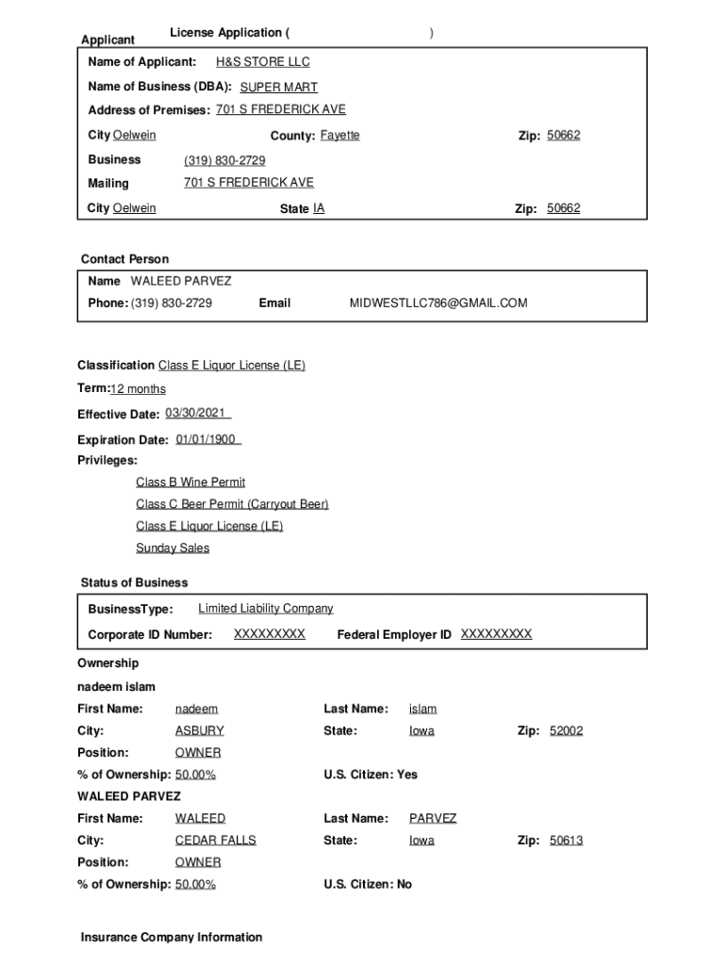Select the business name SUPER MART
(278, 88)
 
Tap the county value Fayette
(339, 136)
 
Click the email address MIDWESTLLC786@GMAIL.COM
(438, 303)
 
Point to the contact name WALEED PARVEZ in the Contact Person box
(180, 281)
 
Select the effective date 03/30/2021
(197, 414)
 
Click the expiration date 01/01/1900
(207, 439)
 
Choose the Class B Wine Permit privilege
(190, 482)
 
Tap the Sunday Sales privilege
(173, 548)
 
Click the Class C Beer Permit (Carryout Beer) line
(232, 504)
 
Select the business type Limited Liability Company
(265, 609)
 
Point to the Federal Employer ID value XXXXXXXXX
(496, 634)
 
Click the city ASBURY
(199, 731)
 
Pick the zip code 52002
(566, 731)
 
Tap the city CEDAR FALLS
(215, 841)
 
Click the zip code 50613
(566, 841)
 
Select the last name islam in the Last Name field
(422, 709)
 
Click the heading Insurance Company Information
(172, 938)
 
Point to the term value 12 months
(138, 389)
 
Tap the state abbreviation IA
(319, 208)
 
